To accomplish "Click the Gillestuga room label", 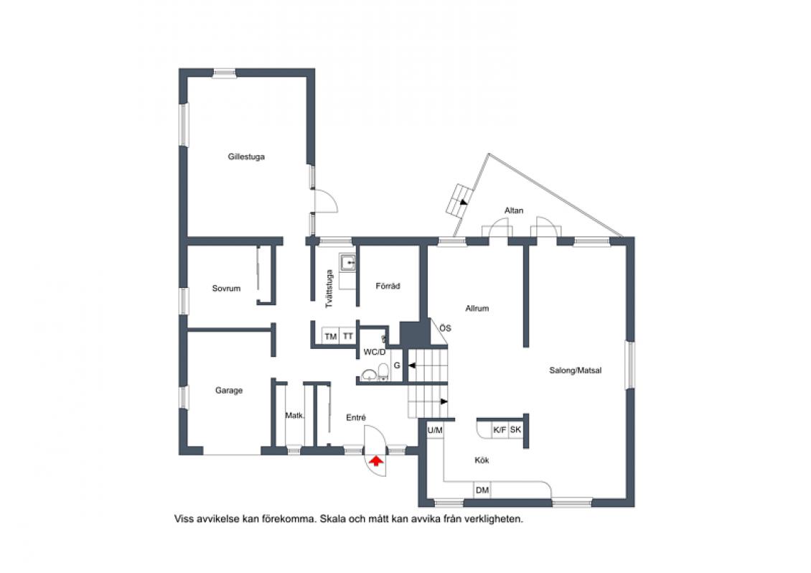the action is tap(246, 157).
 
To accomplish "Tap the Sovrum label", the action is tap(226, 289).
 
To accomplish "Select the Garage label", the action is tap(229, 391).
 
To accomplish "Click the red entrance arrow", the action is tap(376, 460).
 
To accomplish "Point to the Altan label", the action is tap(514, 210).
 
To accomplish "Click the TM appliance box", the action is tap(331, 336).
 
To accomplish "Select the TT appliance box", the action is tap(347, 336).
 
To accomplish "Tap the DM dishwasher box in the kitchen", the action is tap(482, 490).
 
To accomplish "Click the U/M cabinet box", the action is tap(435, 430).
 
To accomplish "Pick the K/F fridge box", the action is tap(500, 429).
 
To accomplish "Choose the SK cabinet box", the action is tap(516, 429).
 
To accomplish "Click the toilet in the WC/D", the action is tap(383, 371).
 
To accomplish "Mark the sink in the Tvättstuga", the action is tap(347, 263).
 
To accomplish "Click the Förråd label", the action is tap(388, 286).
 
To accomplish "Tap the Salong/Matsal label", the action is tap(575, 370).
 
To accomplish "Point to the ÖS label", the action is tap(445, 328).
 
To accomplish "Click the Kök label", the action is tap(482, 460).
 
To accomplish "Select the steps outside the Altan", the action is tap(460, 200).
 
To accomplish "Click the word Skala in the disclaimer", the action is tap(332, 518).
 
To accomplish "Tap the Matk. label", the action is tap(295, 415).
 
